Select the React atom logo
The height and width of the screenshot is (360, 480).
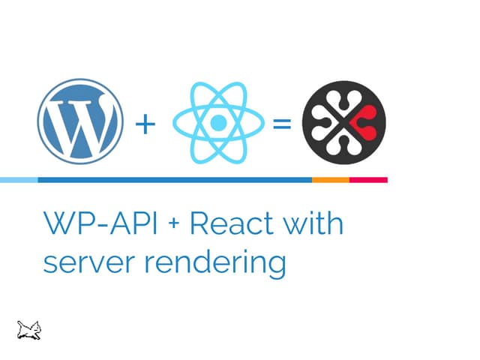(x=217, y=122)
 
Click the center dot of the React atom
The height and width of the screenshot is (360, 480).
(x=217, y=122)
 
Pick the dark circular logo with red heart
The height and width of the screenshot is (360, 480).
(x=343, y=122)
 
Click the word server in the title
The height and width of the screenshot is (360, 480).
(x=83, y=264)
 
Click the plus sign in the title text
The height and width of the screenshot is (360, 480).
(x=168, y=226)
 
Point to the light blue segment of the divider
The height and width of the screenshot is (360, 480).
(x=19, y=180)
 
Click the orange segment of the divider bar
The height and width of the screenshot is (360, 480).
(x=331, y=180)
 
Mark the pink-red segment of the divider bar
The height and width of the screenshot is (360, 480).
(x=368, y=180)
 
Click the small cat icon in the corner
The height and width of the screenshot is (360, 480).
(x=29, y=328)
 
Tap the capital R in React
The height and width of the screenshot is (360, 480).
(x=199, y=224)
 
